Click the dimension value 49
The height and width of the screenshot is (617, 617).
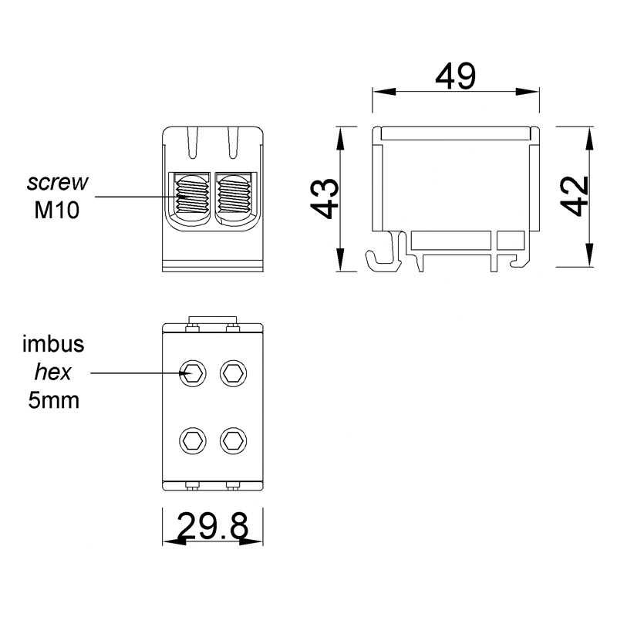click(x=455, y=76)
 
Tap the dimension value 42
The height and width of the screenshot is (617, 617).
click(x=575, y=198)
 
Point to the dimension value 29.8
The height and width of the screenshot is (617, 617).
click(x=213, y=527)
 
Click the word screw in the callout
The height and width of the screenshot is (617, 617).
click(x=58, y=182)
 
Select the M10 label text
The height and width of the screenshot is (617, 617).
click(x=58, y=209)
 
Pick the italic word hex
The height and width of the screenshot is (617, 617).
click(x=53, y=373)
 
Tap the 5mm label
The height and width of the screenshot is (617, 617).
click(x=55, y=401)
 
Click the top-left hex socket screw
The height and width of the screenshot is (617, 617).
click(x=192, y=374)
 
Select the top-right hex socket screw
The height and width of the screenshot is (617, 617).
click(x=232, y=374)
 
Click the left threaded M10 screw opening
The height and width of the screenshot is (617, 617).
click(x=192, y=197)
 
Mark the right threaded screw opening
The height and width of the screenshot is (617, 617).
click(x=234, y=197)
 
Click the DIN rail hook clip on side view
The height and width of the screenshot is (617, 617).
click(x=384, y=255)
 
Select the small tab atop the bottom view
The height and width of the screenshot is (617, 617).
click(x=213, y=320)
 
